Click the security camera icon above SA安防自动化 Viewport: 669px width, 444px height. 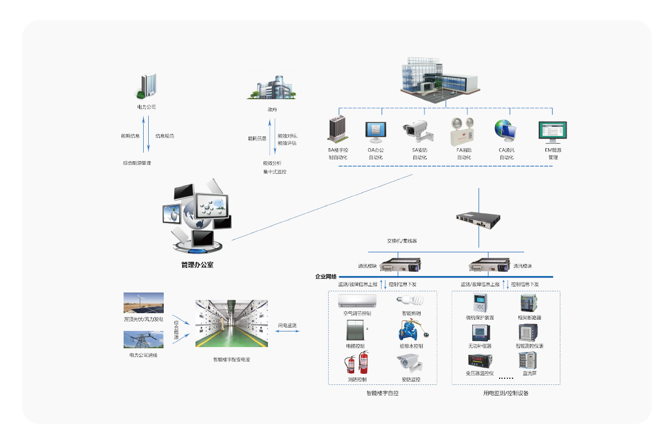click(x=418, y=130)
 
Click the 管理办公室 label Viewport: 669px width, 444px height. click(x=197, y=265)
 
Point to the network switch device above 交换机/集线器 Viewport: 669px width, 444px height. click(x=478, y=218)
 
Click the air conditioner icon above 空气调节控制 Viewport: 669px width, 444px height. click(x=357, y=301)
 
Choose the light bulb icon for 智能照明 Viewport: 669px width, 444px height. click(x=407, y=301)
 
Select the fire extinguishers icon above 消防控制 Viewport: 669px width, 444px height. click(x=357, y=363)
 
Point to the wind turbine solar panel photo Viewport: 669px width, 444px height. click(x=144, y=303)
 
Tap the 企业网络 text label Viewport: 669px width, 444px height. click(x=326, y=276)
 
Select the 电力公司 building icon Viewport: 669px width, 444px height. click(x=147, y=86)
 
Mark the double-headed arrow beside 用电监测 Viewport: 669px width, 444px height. click(x=288, y=331)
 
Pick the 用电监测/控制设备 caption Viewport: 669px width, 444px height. click(x=505, y=393)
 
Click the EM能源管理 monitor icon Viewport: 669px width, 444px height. click(x=552, y=132)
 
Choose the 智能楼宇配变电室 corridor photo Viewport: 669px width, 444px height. click(x=232, y=324)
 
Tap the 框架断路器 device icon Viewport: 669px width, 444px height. click(x=529, y=304)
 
